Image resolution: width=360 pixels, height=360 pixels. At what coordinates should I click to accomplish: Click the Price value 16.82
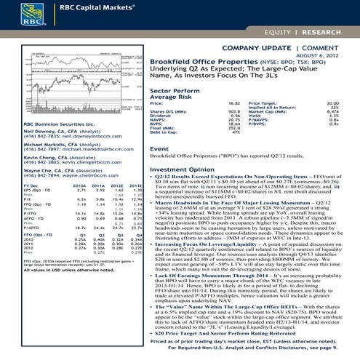click(233, 105)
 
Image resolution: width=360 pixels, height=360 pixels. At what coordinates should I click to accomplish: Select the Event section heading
click(159, 148)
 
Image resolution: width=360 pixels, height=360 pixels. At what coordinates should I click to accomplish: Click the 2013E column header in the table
click(135, 185)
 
